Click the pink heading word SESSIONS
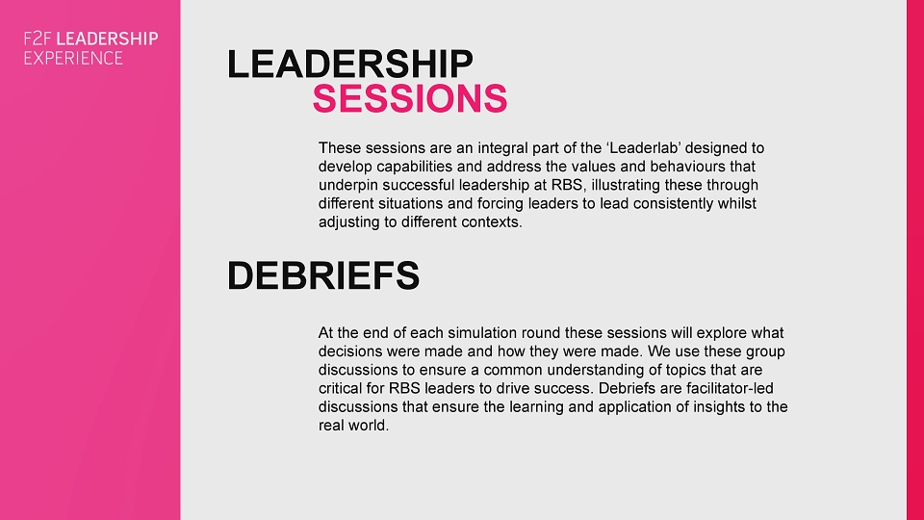410,98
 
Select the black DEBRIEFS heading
323,275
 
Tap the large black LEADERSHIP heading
349,64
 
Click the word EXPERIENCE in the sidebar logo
74,58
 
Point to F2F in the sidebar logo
38,39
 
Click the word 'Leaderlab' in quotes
643,148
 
